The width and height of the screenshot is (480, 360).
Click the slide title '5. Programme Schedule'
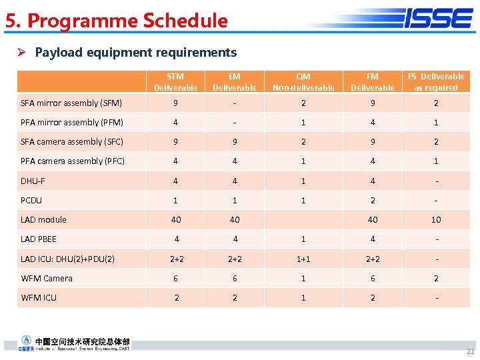117,21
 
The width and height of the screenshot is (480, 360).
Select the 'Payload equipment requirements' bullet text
135,52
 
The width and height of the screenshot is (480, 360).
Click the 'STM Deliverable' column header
175,82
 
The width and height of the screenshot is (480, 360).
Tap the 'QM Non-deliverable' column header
303,82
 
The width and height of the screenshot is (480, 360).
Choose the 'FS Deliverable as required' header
436,82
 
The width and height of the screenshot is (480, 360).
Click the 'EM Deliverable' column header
234,82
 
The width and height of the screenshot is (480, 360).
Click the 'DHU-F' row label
33,181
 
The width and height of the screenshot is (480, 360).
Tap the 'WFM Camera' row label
47,278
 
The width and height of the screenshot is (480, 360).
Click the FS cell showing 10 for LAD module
436,219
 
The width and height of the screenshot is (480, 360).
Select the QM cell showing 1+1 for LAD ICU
303,259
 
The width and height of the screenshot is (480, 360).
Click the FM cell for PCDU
372,200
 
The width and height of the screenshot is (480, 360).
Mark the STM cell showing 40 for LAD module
176,219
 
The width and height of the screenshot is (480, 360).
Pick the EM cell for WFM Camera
234,278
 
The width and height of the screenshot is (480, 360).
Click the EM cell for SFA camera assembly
234,141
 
